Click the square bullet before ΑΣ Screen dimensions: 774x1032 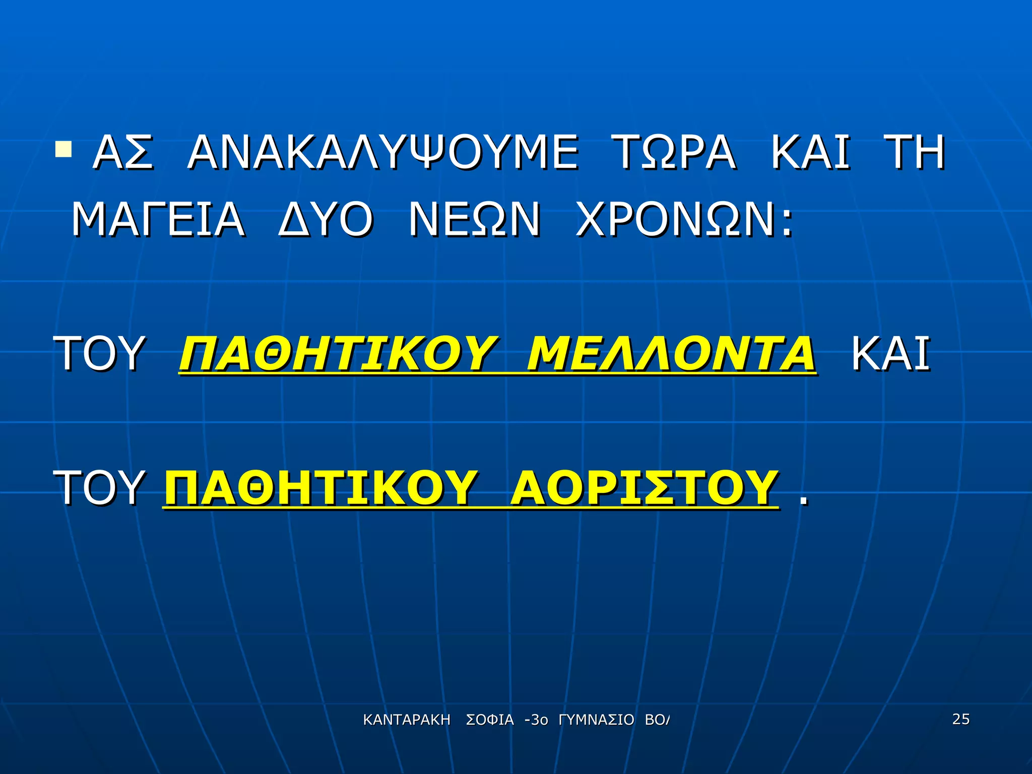coord(63,149)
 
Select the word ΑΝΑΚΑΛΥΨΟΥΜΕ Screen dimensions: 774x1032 coord(383,152)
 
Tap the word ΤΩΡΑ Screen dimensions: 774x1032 coord(674,152)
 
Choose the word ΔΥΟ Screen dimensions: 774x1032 coord(326,220)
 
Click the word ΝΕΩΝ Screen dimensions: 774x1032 coord(474,220)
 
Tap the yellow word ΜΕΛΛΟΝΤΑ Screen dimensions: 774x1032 coord(671,354)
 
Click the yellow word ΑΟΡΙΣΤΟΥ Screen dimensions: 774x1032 coord(643,488)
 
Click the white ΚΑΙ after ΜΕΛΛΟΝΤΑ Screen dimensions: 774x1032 coord(890,354)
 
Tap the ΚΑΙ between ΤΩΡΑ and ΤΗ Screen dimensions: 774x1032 coord(810,152)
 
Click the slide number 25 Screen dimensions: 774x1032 coord(960,719)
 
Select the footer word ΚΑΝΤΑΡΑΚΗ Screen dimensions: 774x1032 coord(406,720)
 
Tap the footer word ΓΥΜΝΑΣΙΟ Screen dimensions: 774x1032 coord(596,720)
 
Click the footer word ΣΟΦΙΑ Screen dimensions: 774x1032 coord(490,720)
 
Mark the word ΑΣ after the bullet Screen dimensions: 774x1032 coord(122,152)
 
